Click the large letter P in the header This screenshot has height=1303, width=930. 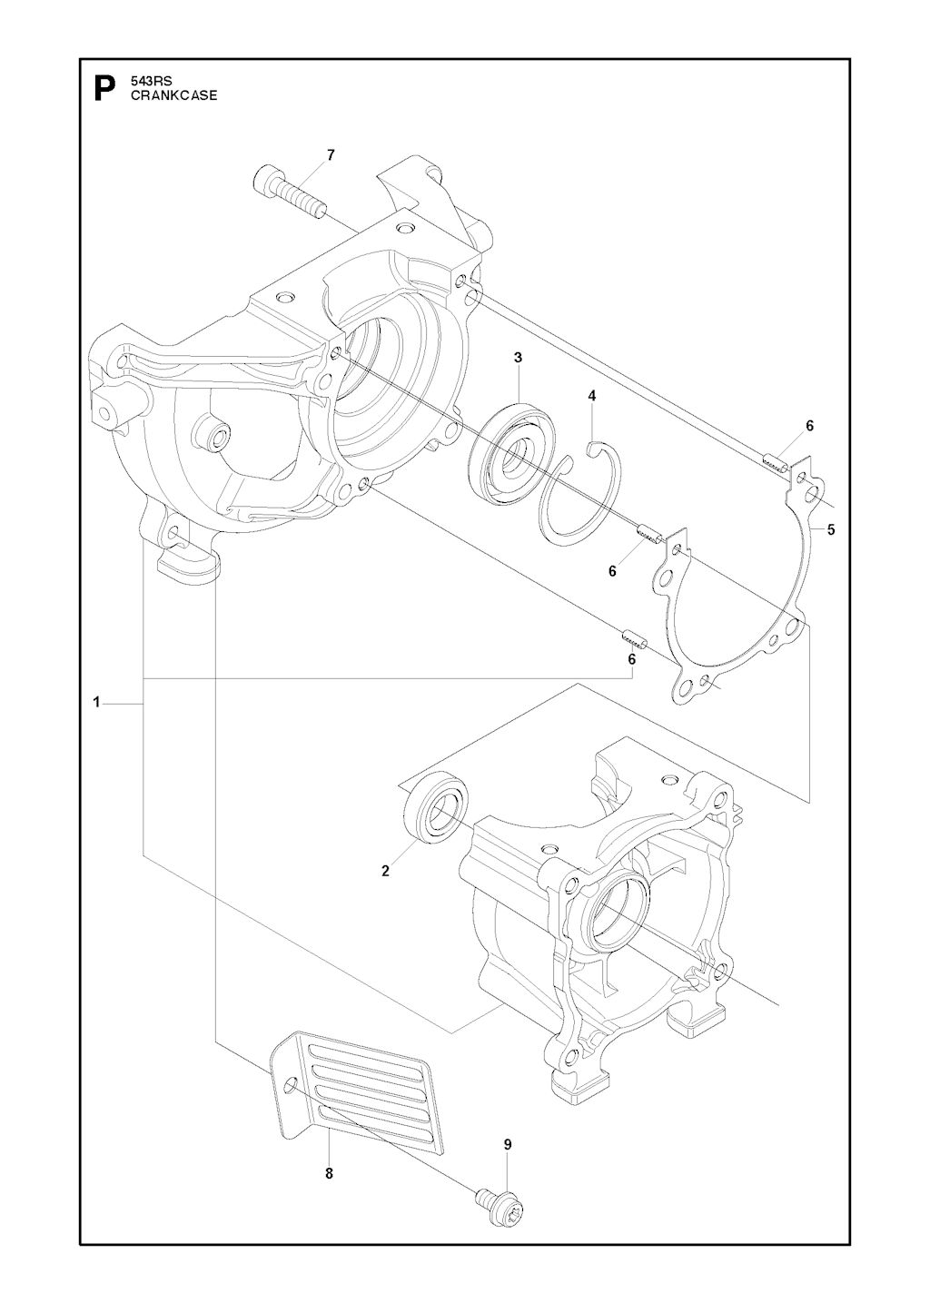[105, 89]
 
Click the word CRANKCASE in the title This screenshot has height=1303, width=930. [173, 95]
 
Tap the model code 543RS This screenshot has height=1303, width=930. [150, 82]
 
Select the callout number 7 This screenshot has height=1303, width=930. [330, 155]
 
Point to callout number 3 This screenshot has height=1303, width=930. [518, 358]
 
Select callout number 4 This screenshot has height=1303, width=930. [592, 396]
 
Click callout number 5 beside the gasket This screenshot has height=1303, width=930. [830, 529]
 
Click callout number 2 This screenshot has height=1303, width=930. [385, 871]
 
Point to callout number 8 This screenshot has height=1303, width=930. [329, 1173]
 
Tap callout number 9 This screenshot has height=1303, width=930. [508, 1144]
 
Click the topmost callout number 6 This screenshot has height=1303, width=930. [809, 426]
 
